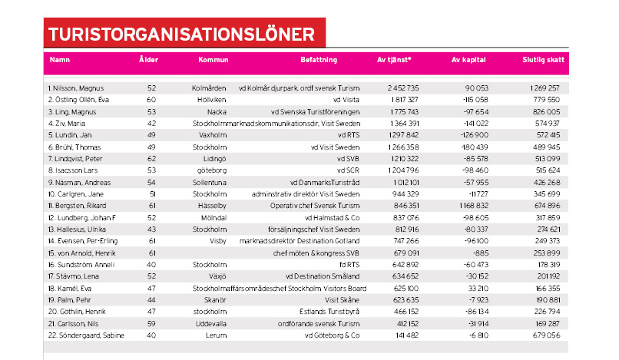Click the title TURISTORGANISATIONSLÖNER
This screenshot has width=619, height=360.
pos(180,34)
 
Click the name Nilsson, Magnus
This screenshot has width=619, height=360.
pos(75,88)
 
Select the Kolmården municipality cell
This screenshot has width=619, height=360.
pos(207,88)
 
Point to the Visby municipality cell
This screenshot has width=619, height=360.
pos(213,240)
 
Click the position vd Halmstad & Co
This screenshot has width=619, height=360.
pos(331,217)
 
